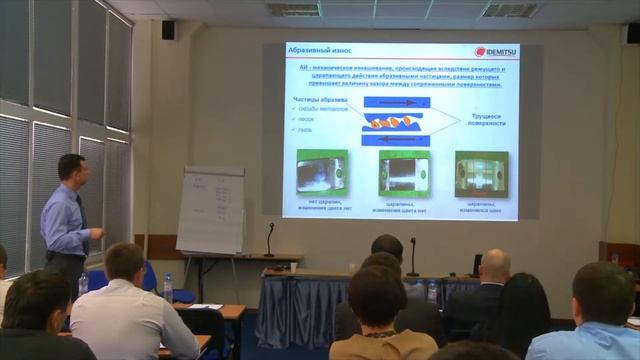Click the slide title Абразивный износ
(x=313, y=51)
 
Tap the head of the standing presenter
(x=71, y=169)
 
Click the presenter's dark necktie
(x=81, y=209)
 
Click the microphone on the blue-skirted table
(x=412, y=257)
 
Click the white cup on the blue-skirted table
(x=293, y=267)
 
